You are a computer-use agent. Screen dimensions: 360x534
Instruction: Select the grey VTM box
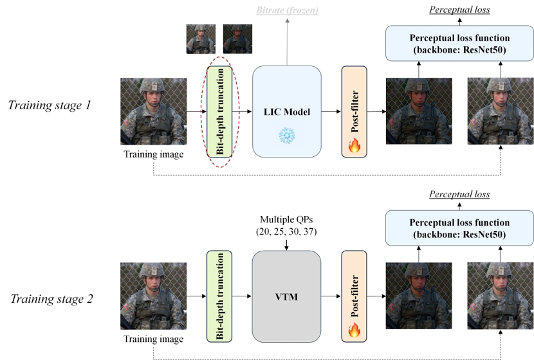(286, 296)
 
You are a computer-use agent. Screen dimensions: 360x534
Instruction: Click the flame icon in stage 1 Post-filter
(353, 146)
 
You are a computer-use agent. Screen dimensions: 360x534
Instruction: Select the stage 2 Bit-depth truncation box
(219, 296)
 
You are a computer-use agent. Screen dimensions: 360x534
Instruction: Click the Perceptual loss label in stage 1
(459, 10)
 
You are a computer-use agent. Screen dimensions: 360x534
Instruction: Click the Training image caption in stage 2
(154, 339)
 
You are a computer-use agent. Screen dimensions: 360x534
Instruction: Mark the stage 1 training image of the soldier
(154, 111)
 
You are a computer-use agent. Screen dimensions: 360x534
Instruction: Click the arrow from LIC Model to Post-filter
(331, 111)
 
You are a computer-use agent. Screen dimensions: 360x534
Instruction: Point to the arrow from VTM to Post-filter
(331, 296)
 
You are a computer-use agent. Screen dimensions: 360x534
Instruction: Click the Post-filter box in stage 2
(353, 296)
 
